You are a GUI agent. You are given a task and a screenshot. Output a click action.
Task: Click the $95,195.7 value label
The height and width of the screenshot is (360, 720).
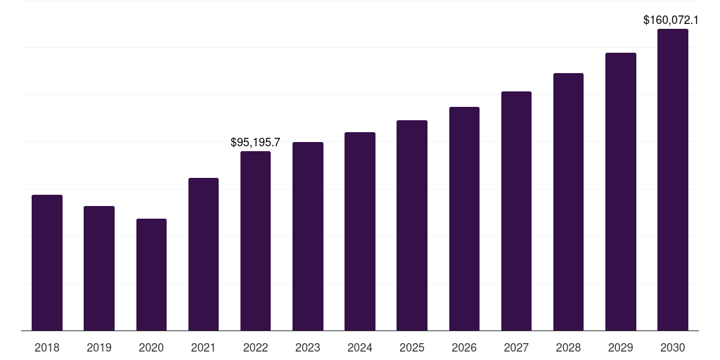[255, 143]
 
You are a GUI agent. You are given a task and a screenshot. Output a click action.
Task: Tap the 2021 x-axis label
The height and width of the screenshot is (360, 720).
[203, 347]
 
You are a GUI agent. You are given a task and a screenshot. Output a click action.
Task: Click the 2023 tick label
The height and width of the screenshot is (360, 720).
[307, 347]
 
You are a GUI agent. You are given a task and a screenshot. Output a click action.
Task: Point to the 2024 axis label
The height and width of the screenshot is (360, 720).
[360, 347]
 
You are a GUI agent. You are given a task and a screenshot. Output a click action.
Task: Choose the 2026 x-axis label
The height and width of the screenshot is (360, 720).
[464, 347]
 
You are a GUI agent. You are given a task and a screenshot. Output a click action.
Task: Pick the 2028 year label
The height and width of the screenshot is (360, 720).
[568, 347]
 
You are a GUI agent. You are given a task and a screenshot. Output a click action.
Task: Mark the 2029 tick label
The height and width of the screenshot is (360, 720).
[621, 347]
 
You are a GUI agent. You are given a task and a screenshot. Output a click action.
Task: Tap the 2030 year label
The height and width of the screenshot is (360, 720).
[673, 347]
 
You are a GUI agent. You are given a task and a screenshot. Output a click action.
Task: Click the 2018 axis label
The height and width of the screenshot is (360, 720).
[47, 347]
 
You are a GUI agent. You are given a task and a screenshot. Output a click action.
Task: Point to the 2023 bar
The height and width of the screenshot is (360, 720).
[307, 236]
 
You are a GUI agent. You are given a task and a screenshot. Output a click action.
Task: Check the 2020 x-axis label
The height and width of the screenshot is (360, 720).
[151, 347]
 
